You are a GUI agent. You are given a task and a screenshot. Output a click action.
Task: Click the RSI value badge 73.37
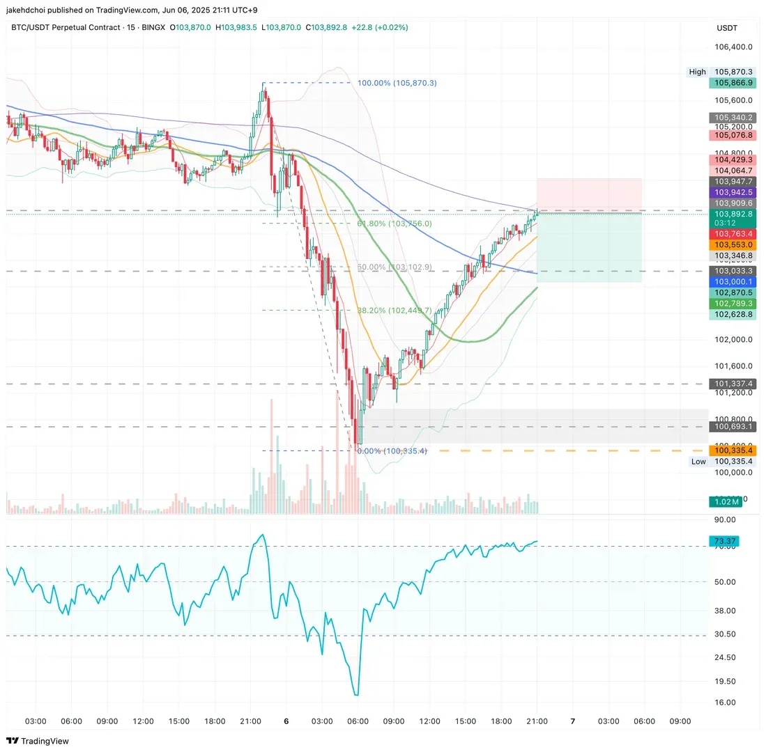(723, 541)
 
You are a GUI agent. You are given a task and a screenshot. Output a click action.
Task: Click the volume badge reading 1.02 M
(725, 501)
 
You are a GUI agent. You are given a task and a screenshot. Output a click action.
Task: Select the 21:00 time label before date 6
(250, 721)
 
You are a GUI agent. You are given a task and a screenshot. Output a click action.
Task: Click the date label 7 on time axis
(573, 721)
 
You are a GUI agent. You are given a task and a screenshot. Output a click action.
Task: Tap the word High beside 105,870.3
(697, 72)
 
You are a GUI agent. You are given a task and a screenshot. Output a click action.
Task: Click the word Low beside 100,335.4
(698, 461)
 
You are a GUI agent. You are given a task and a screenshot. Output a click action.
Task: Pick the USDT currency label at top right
(727, 28)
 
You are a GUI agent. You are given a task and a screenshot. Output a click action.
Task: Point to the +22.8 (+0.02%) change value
(379, 27)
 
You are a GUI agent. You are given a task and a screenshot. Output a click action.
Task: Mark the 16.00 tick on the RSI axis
(726, 702)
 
